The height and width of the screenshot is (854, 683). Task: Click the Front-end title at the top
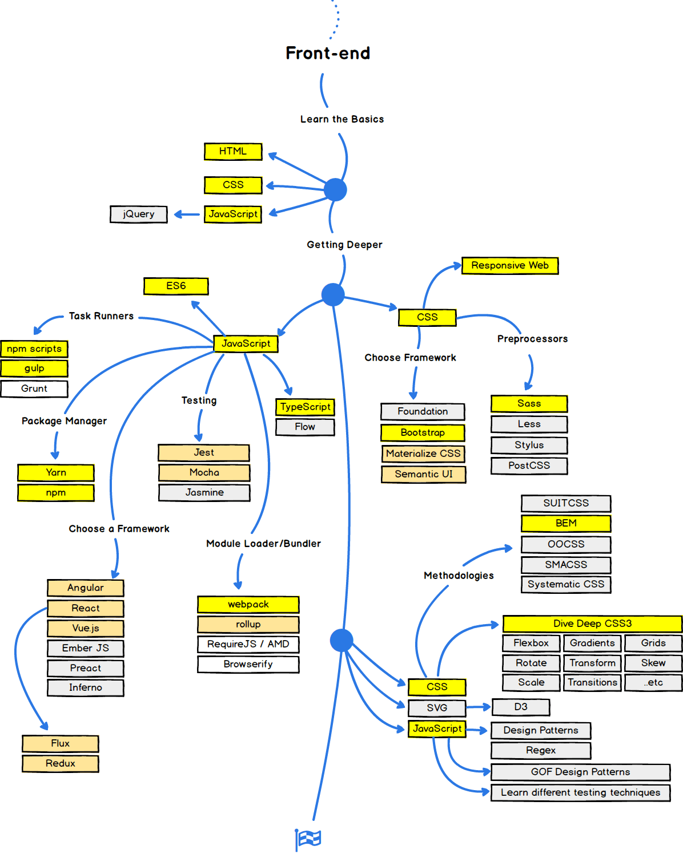tap(328, 53)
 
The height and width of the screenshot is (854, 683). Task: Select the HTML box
tap(233, 151)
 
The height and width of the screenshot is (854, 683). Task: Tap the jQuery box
tap(139, 214)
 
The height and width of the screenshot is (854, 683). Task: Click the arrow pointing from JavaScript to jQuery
tap(186, 214)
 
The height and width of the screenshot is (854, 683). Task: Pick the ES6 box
tap(176, 286)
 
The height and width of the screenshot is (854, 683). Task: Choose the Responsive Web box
tap(510, 265)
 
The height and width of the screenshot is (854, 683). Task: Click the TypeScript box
tap(305, 407)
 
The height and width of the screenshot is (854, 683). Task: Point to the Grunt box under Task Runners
tap(34, 388)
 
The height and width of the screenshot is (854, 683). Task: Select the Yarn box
tap(56, 472)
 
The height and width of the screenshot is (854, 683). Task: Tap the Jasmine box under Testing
tap(204, 492)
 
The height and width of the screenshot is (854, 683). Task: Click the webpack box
tap(248, 604)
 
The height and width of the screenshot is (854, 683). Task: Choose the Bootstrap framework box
tap(423, 432)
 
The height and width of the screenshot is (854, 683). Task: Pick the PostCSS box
tap(529, 466)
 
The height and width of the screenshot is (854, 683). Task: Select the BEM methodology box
tap(566, 523)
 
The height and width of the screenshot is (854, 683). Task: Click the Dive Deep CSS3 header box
tap(592, 624)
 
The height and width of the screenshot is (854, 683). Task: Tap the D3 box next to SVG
tap(520, 707)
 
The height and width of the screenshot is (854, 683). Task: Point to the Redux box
tap(61, 763)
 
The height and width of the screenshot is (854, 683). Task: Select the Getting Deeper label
tap(344, 245)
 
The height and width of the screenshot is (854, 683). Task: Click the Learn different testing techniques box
tap(580, 792)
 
